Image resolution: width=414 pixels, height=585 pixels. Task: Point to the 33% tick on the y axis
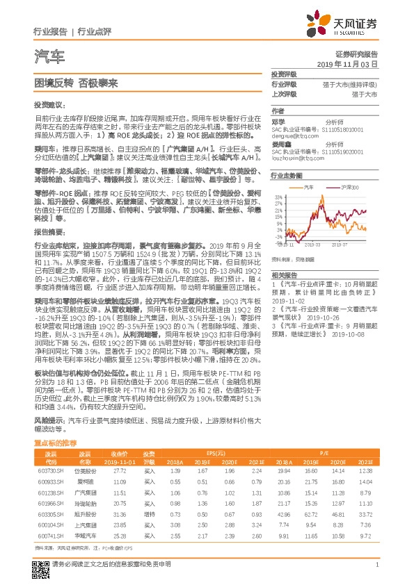click(277, 198)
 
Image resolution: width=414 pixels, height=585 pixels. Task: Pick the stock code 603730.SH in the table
click(49, 470)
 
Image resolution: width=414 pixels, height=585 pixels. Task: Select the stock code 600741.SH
click(49, 536)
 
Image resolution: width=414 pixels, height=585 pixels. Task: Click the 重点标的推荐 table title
click(56, 442)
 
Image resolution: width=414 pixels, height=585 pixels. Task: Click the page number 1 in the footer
click(376, 565)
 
